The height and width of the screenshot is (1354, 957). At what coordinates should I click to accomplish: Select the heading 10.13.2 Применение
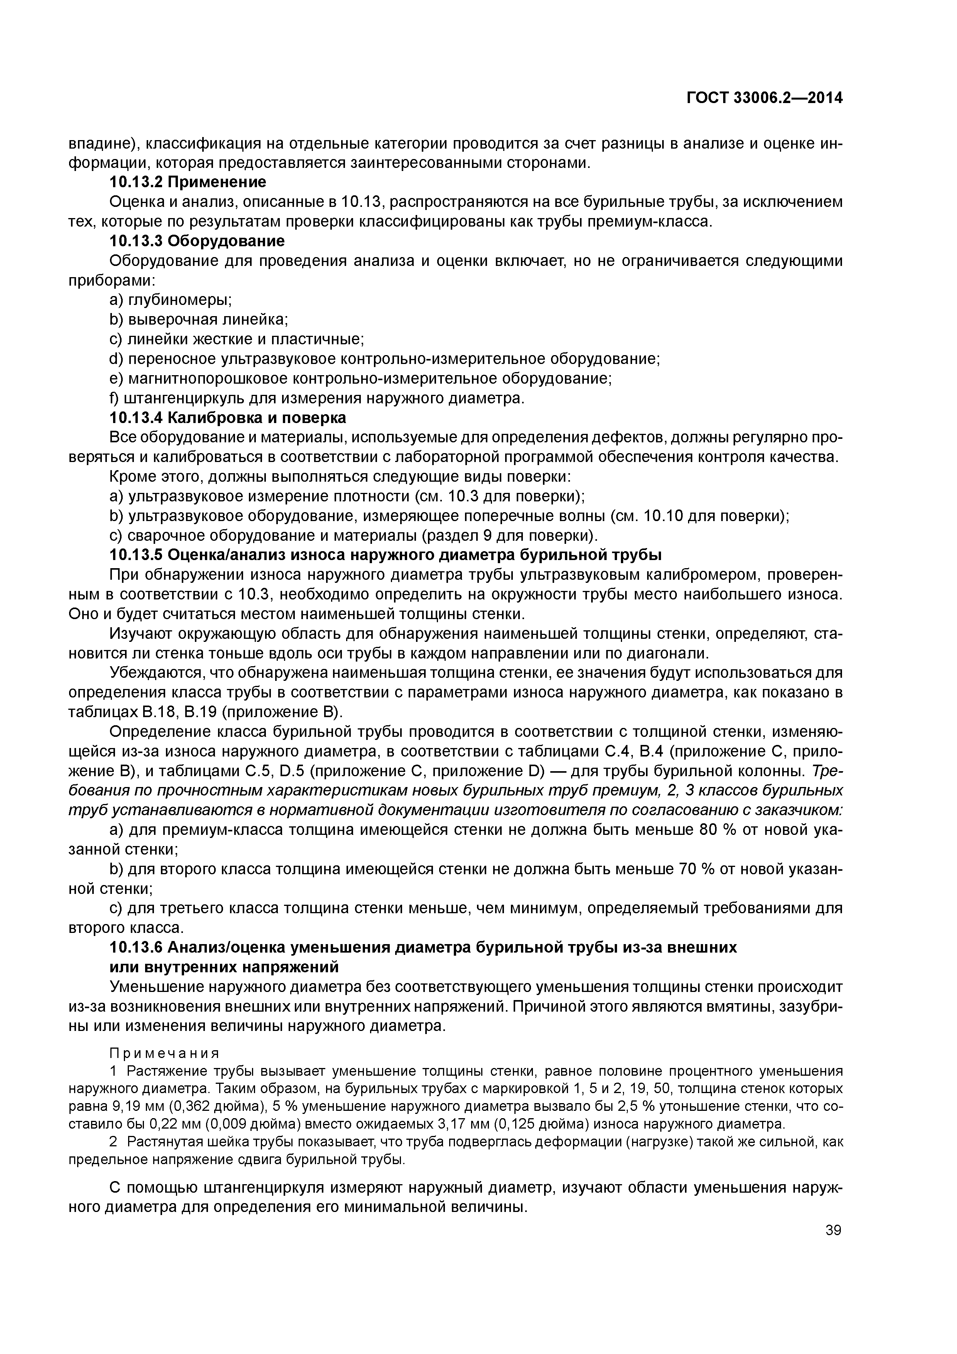coord(188,182)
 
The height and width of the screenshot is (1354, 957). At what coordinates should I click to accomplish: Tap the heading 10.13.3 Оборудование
coord(197,240)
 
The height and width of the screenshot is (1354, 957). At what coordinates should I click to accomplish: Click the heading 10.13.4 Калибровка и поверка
coord(228,418)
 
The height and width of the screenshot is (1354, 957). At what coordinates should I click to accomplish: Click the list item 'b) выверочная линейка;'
coord(199,319)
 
